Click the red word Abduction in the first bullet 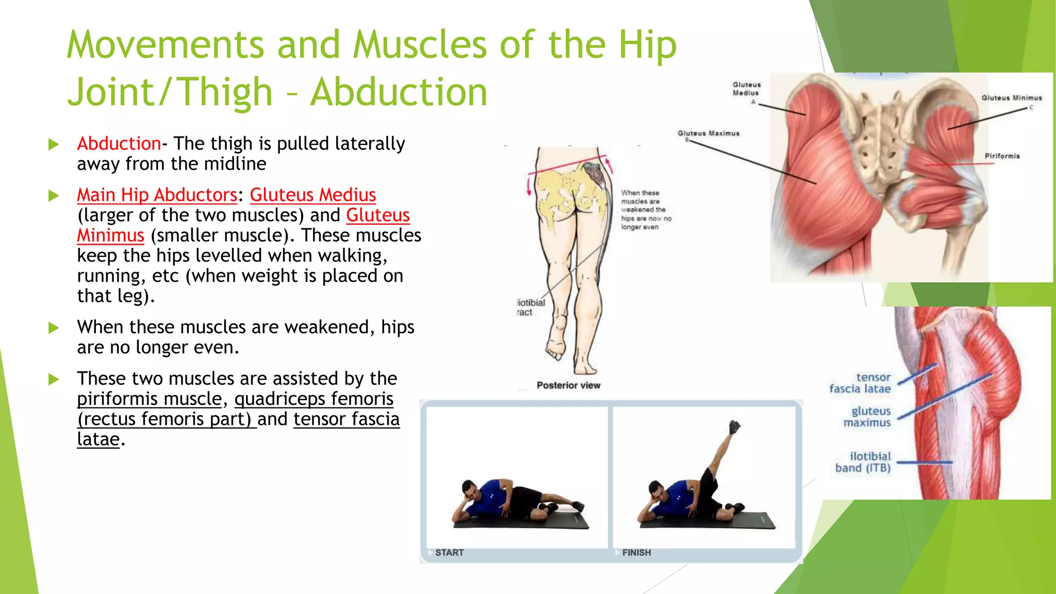pyautogui.click(x=119, y=144)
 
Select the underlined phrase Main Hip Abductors pyautogui.click(x=157, y=195)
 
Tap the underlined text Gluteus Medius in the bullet pyautogui.click(x=312, y=195)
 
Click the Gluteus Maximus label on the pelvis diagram pyautogui.click(x=708, y=134)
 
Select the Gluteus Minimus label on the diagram pyautogui.click(x=1011, y=98)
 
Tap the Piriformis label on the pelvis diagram pyautogui.click(x=1002, y=156)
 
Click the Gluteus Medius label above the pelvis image pyautogui.click(x=746, y=89)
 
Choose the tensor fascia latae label pyautogui.click(x=860, y=383)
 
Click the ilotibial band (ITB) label pyautogui.click(x=863, y=462)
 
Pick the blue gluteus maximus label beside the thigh pyautogui.click(x=867, y=417)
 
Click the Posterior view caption pyautogui.click(x=568, y=386)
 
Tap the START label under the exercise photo pyautogui.click(x=449, y=553)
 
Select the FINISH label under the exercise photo pyautogui.click(x=636, y=553)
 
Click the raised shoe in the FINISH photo pyautogui.click(x=734, y=427)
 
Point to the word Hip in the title pyautogui.click(x=648, y=45)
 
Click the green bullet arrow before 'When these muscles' pyautogui.click(x=54, y=328)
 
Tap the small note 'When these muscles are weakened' pyautogui.click(x=646, y=210)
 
